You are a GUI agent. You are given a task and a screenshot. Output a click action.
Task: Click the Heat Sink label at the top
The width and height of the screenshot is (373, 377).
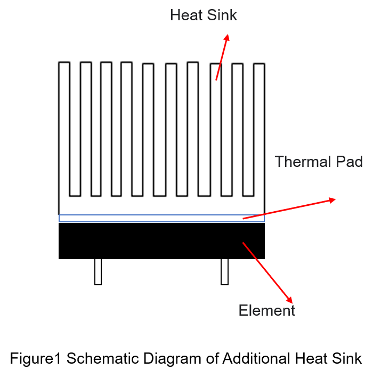pos(204,15)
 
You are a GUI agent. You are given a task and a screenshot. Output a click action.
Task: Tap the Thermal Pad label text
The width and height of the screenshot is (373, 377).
pos(319,162)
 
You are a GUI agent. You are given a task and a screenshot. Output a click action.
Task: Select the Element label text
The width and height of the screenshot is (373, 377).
pos(267,310)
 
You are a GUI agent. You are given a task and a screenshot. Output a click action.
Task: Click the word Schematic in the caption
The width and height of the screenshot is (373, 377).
pos(103,358)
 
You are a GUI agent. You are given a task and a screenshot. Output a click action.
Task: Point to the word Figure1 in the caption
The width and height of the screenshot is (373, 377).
pos(35,359)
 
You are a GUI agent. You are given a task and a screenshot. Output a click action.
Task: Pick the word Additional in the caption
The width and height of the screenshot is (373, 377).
pos(256,358)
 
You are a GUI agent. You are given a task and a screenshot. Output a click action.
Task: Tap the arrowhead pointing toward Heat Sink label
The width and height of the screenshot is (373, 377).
pos(227,38)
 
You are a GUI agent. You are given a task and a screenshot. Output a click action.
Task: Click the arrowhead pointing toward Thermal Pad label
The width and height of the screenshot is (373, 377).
pos(332,200)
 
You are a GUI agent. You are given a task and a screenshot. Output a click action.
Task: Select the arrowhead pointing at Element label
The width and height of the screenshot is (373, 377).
pos(289,300)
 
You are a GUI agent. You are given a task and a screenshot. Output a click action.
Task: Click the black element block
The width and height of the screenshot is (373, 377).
pos(162,241)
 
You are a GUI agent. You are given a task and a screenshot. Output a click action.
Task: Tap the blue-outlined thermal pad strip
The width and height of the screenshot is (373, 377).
pos(162,218)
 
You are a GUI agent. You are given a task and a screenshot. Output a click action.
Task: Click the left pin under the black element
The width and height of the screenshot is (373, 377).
pos(98,272)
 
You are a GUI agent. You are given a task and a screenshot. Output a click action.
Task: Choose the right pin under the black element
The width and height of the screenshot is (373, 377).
pos(224,272)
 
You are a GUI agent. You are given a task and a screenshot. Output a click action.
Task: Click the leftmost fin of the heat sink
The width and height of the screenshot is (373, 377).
pos(64,130)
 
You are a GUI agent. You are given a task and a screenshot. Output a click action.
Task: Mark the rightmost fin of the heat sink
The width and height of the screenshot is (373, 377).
pos(260,130)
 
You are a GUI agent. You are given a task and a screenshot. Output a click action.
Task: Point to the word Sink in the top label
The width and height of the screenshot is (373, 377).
pos(222,15)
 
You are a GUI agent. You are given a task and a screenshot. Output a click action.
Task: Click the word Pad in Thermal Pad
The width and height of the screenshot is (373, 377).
pos(350,162)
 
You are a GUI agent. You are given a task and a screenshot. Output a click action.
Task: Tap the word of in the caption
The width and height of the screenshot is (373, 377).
pos(212,358)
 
